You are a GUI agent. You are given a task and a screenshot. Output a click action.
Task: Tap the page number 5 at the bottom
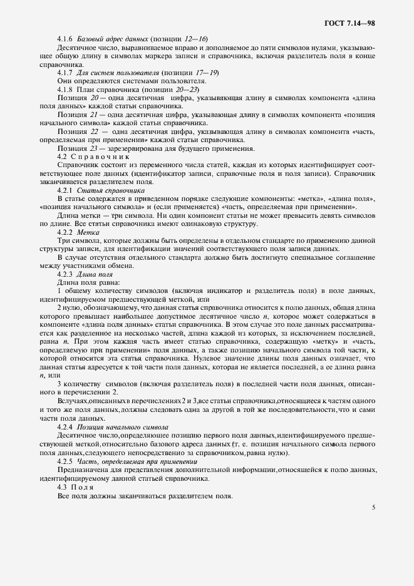(373, 507)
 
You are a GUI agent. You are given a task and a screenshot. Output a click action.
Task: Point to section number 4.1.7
(65, 73)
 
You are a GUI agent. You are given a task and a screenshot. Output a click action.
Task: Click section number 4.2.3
(65, 274)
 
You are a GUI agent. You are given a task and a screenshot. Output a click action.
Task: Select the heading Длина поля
(93, 274)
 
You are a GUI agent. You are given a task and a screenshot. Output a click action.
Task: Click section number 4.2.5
(65, 460)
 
